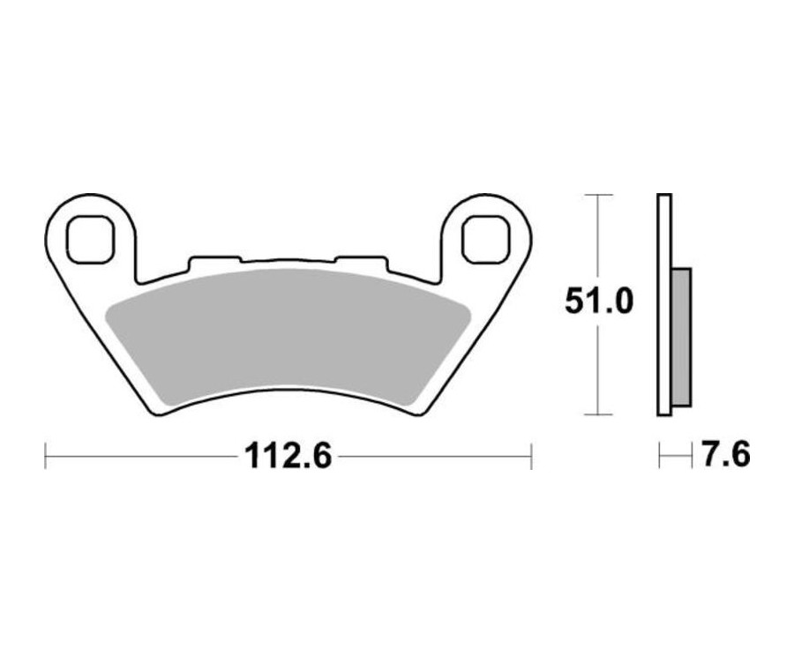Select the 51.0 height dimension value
(600, 302)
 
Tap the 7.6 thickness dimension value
(726, 457)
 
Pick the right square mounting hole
(485, 238)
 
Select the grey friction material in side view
(682, 336)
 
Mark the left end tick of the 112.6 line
(45, 457)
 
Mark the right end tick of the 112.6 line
(530, 457)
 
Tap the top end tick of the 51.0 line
(599, 194)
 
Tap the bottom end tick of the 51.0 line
(599, 414)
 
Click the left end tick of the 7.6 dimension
(660, 457)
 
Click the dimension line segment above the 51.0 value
(599, 238)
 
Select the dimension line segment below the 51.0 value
(599, 370)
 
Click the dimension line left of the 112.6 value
(141, 457)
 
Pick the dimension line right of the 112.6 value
(432, 457)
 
